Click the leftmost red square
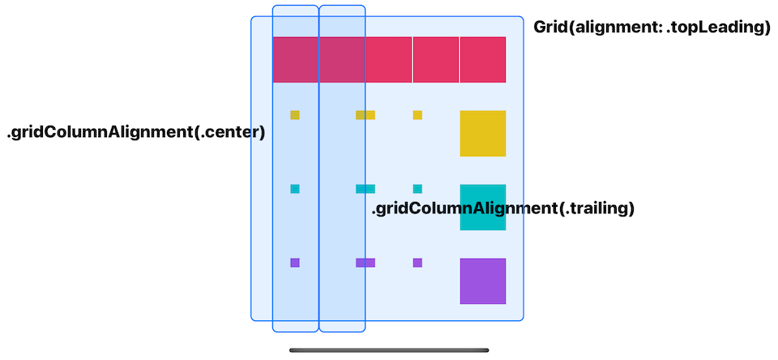point(296,59)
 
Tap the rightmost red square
point(483,59)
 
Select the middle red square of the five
point(389,59)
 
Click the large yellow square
point(483,133)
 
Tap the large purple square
point(483,281)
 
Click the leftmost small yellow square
point(295,115)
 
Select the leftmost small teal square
point(295,189)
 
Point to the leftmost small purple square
point(295,263)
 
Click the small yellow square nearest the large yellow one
point(417,115)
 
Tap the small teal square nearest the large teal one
point(417,189)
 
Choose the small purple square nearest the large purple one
point(417,263)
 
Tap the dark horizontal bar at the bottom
point(389,350)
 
